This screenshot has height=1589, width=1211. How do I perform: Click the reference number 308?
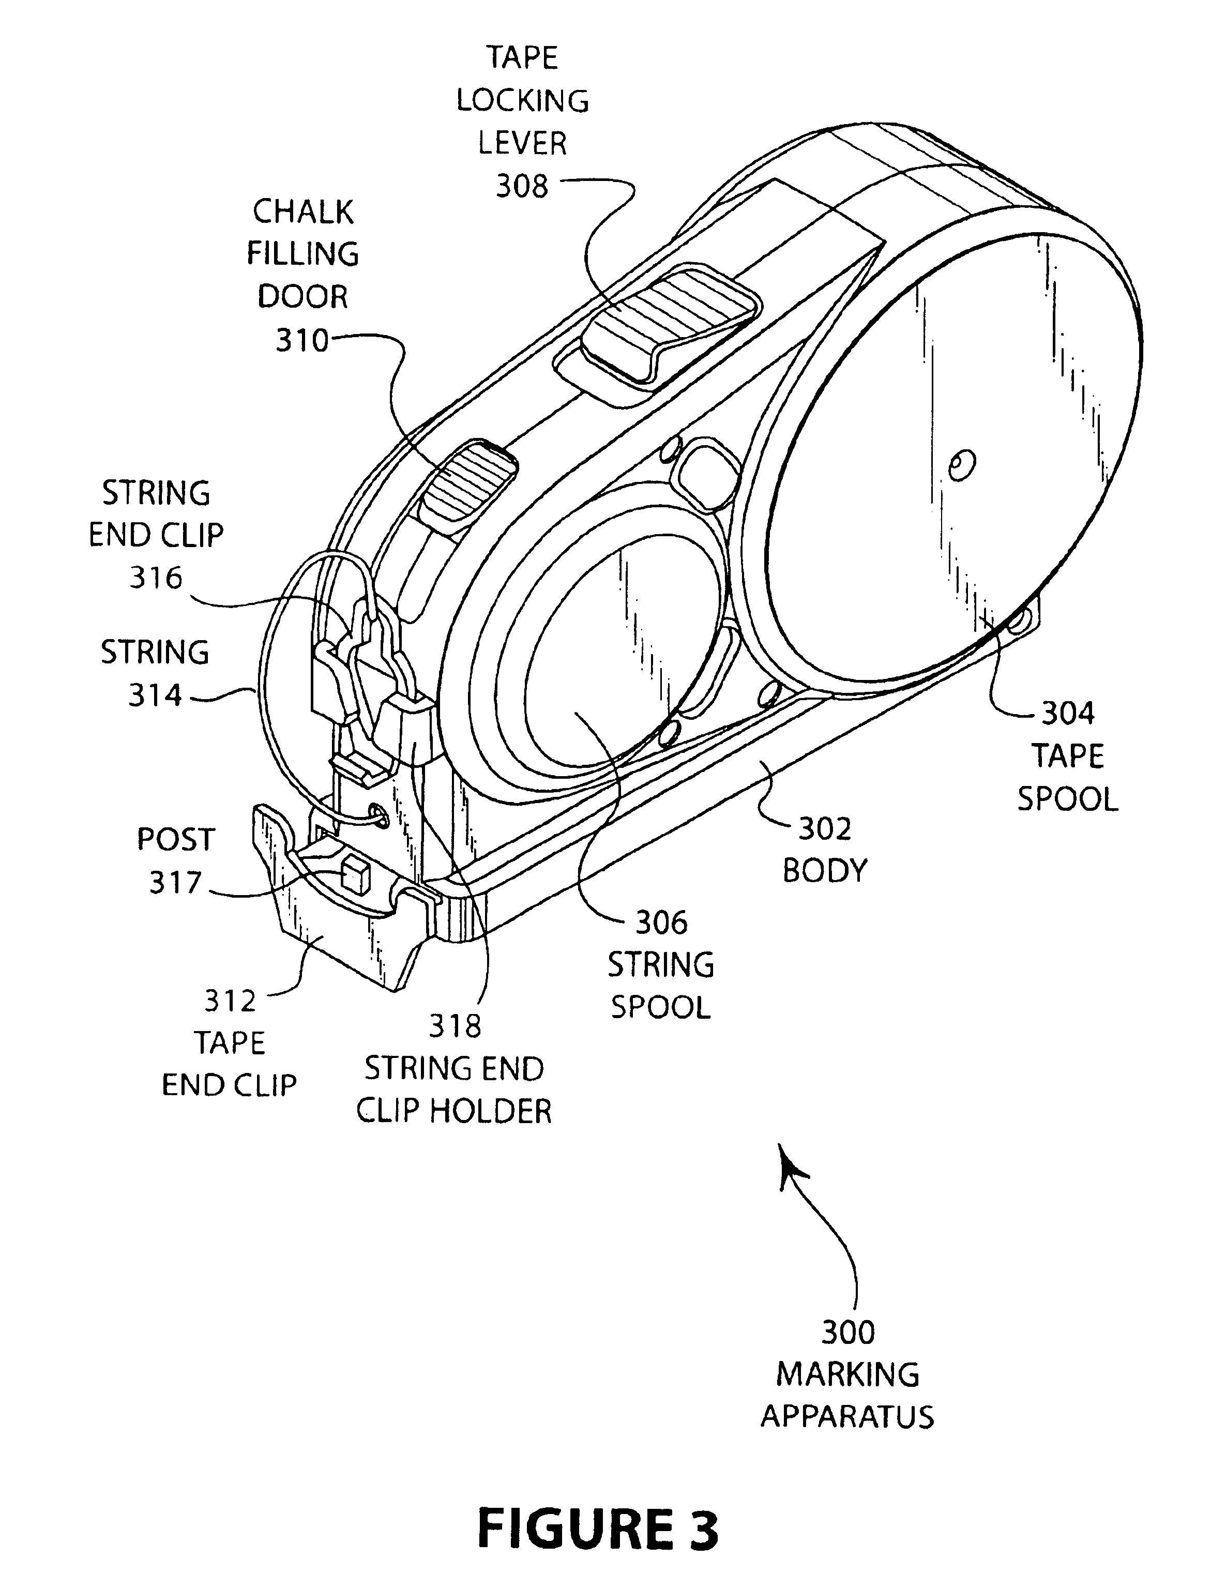[522, 187]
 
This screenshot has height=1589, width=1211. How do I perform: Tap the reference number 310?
[302, 340]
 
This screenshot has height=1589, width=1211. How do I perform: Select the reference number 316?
[156, 578]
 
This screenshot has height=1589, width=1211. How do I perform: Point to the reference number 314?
[155, 695]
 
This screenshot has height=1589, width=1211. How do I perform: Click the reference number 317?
[175, 883]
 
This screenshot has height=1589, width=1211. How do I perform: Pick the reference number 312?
[231, 1001]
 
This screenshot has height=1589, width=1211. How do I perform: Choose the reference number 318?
[455, 1026]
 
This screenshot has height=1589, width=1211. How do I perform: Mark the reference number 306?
[661, 922]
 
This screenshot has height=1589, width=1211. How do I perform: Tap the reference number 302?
[825, 829]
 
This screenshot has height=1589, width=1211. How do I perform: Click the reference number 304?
[1068, 714]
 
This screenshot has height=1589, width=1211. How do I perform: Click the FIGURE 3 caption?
[598, 1530]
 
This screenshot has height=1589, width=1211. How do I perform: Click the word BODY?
[825, 871]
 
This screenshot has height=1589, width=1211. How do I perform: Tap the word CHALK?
[303, 212]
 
